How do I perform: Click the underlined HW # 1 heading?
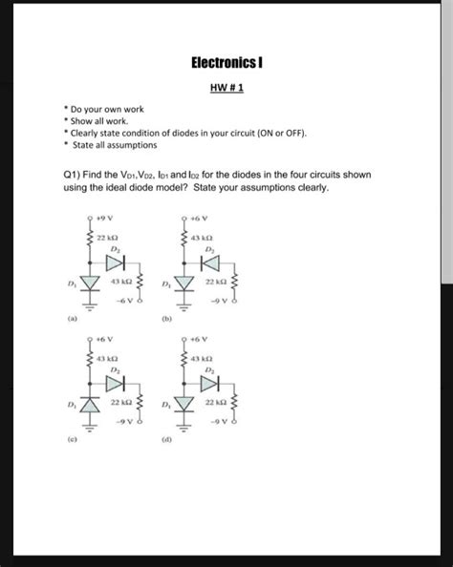[x=226, y=88]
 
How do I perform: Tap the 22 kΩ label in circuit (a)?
[x=107, y=237]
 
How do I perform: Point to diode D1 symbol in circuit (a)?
[x=93, y=283]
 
